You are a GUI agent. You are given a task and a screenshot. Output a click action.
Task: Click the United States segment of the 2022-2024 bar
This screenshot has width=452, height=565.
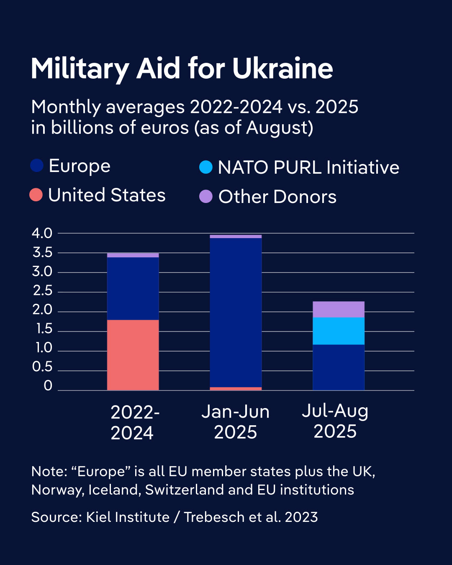(x=133, y=355)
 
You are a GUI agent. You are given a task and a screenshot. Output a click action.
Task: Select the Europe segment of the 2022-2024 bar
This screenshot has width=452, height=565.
(x=133, y=288)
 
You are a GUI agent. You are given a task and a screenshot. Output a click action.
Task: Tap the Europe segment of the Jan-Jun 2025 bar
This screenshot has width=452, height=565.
(x=236, y=312)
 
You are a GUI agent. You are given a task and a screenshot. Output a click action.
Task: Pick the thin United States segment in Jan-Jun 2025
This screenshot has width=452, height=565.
(x=236, y=389)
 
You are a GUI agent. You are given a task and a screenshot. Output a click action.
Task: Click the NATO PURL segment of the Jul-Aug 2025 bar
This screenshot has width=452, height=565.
(x=339, y=331)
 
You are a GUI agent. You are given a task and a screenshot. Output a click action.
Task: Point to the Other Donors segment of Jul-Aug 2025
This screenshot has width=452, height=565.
(x=339, y=309)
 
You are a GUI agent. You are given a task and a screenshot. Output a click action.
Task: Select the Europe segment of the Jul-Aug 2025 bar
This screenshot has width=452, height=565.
(x=339, y=367)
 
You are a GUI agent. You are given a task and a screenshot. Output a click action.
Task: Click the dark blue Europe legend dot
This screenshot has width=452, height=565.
(x=37, y=166)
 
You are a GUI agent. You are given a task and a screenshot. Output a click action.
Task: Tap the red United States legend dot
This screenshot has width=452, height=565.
(x=36, y=195)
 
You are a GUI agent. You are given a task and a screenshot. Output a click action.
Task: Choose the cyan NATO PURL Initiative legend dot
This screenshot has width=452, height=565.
(x=206, y=167)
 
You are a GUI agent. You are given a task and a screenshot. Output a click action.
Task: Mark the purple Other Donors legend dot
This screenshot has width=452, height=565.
(x=206, y=196)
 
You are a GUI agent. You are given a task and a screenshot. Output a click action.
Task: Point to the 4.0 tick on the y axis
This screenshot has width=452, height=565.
(x=42, y=233)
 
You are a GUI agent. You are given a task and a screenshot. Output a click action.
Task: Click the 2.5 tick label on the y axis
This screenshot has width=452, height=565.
(x=42, y=290)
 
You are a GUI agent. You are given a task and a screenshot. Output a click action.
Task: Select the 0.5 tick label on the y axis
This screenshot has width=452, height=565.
(x=42, y=367)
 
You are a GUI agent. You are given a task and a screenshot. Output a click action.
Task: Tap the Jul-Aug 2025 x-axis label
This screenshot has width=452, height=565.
(x=335, y=421)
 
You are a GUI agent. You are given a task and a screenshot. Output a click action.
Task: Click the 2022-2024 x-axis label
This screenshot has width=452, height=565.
(x=134, y=423)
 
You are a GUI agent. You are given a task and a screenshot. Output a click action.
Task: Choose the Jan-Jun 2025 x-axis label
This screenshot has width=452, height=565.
(x=236, y=422)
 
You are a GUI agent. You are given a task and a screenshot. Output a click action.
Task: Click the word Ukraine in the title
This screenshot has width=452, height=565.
(x=282, y=69)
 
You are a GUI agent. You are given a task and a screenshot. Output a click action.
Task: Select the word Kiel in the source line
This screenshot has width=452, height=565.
(x=98, y=517)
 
